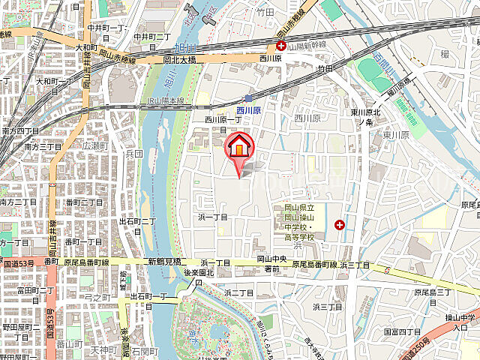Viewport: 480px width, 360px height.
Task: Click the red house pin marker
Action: coord(238,147)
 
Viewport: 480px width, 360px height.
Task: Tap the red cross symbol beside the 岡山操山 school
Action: coord(340,224)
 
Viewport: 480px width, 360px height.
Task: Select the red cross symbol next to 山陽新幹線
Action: coord(278,46)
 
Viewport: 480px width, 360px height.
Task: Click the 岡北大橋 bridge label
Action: coord(179,59)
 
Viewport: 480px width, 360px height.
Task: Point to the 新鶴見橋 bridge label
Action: coord(165,262)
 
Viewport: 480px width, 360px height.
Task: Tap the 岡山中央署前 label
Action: coord(268,263)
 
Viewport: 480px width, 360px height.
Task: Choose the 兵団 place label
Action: coord(133,154)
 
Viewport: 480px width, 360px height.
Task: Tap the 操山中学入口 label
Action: coord(463,322)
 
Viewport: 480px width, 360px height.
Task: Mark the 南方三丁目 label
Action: coord(22,146)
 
